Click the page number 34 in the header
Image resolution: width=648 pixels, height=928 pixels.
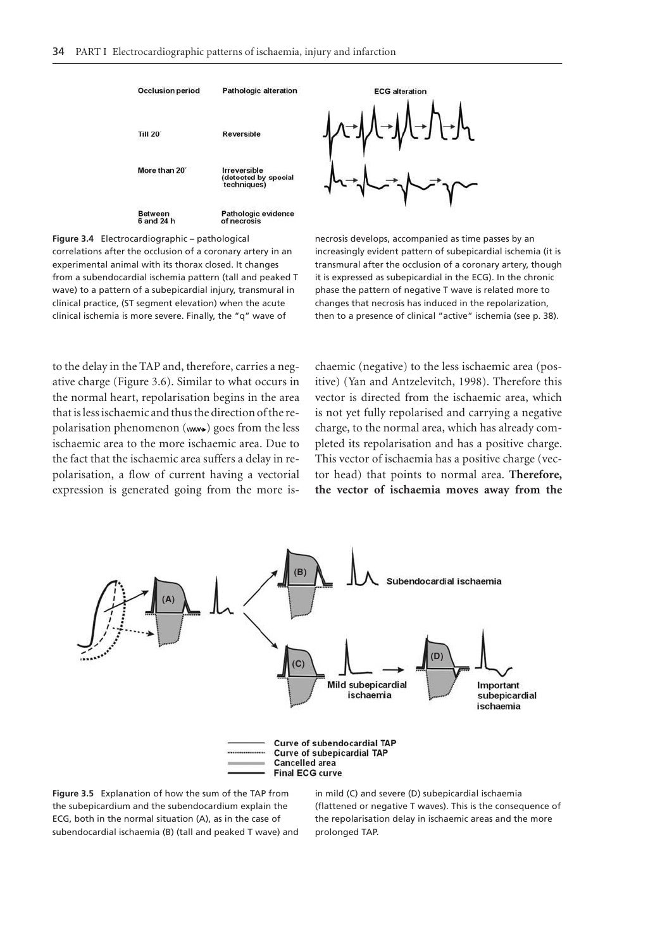(58, 52)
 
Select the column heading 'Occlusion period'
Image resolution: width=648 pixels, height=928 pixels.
(168, 91)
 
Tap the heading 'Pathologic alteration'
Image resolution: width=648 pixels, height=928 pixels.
(259, 91)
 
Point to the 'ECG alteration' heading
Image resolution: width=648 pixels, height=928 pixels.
(400, 91)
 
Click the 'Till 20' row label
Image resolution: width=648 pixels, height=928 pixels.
(149, 134)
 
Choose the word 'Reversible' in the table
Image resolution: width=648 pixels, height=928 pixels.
(241, 134)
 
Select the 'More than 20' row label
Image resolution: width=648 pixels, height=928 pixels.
(162, 171)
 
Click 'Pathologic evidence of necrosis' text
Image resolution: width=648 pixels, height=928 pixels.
(257, 218)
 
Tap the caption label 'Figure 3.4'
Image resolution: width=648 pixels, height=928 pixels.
(73, 239)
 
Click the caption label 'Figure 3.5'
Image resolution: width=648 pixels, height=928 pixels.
(73, 793)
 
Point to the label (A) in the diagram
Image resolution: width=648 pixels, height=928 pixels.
(168, 599)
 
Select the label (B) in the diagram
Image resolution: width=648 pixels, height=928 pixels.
(300, 572)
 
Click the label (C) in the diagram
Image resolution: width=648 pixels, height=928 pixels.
(298, 664)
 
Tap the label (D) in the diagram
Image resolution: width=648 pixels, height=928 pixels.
(437, 656)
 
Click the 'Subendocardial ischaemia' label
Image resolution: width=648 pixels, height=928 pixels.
(444, 581)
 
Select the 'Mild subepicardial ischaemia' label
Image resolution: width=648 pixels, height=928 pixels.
(367, 690)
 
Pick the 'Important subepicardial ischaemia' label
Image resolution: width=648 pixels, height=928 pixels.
(506, 695)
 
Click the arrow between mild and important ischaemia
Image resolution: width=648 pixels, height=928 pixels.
(394, 669)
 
